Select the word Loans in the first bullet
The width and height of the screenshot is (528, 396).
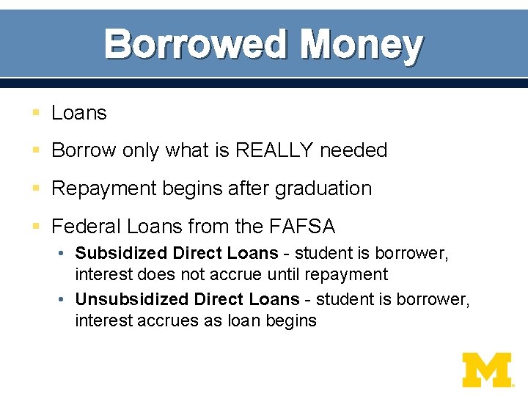click(x=79, y=113)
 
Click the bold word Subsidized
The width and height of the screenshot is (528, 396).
click(x=121, y=253)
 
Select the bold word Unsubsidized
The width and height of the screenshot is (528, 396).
click(x=132, y=299)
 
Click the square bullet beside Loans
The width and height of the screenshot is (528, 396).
click(x=35, y=114)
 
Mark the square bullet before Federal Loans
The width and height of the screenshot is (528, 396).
click(x=35, y=227)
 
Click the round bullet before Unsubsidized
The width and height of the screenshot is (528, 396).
click(x=65, y=299)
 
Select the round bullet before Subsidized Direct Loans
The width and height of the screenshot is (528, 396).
click(x=65, y=254)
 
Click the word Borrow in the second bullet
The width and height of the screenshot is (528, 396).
click(x=84, y=150)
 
